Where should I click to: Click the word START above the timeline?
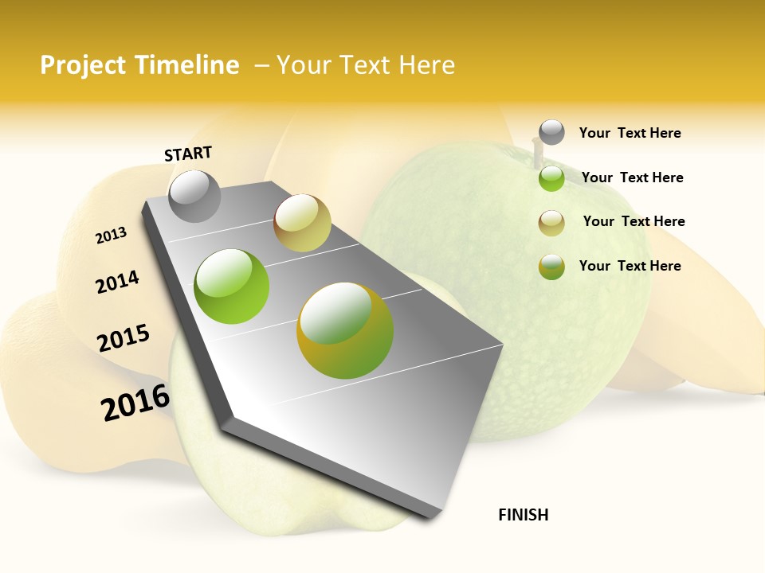click(x=188, y=154)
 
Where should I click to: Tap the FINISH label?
click(x=523, y=515)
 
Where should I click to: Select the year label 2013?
click(x=112, y=236)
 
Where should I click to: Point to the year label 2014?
click(x=117, y=282)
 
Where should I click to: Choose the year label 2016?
click(x=135, y=403)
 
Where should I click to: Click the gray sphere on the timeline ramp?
click(x=194, y=196)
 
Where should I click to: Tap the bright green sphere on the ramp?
click(x=232, y=286)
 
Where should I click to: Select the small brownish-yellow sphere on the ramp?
click(x=302, y=223)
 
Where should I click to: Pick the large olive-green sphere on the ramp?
click(x=345, y=329)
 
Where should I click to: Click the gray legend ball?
click(x=551, y=132)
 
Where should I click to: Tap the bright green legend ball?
click(x=551, y=178)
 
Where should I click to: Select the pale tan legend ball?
click(x=551, y=223)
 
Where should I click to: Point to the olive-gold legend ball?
click(x=551, y=267)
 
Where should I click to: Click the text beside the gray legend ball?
click(x=630, y=133)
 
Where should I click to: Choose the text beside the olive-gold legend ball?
click(x=630, y=266)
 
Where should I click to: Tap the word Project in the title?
click(x=83, y=65)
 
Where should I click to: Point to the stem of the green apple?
click(x=535, y=150)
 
